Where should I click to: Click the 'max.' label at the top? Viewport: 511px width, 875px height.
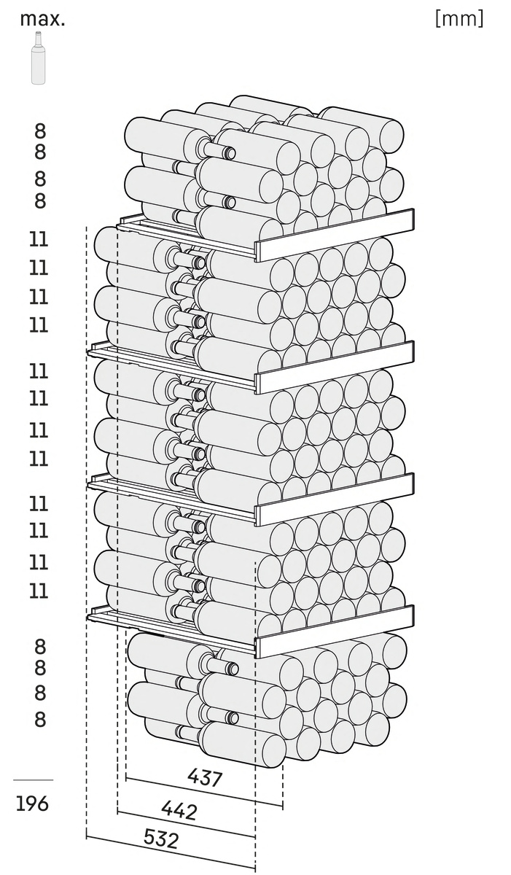point(42,19)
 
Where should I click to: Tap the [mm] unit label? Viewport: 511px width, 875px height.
point(459,19)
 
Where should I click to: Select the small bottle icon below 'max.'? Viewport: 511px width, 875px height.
point(39,58)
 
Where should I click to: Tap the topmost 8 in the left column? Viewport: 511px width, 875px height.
point(40,131)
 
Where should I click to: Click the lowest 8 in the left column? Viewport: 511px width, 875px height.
point(40,719)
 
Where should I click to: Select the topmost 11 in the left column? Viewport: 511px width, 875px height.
point(39,239)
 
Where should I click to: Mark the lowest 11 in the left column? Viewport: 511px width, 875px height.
point(39,591)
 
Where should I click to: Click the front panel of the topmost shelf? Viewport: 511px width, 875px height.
point(335,235)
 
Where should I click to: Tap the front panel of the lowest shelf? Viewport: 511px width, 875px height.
point(335,631)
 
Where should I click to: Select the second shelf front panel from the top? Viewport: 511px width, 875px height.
point(335,367)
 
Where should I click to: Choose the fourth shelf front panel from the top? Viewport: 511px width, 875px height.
point(335,631)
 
